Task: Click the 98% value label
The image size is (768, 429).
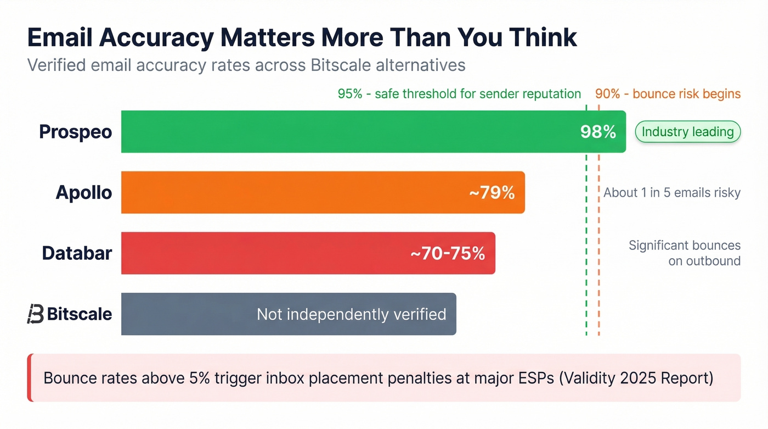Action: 598,132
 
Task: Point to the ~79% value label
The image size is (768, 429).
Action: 492,193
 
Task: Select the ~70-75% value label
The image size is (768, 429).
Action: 448,253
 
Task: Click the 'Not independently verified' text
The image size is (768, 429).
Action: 351,314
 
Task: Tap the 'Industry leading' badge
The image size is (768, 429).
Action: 687,132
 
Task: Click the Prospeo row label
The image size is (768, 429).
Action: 76,132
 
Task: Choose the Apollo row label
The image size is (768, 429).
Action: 84,193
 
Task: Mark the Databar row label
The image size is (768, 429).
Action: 77,253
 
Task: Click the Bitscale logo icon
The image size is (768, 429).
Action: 35,314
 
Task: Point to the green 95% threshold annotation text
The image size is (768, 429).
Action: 459,94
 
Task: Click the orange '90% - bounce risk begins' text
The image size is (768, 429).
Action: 668,94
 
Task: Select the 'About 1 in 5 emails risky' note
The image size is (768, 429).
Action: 672,193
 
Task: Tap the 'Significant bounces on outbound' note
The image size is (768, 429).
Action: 685,253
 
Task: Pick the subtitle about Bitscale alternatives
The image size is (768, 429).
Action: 246,65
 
